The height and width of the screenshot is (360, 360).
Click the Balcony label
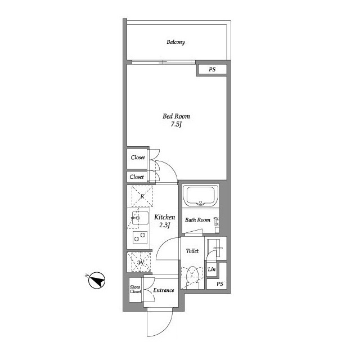click(x=175, y=42)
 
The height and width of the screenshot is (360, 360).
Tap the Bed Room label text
click(x=176, y=116)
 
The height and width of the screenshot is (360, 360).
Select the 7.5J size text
click(x=176, y=124)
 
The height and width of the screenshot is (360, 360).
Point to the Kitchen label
click(x=165, y=217)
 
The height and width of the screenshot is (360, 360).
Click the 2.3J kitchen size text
click(x=165, y=225)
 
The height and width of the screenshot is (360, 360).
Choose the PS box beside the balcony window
click(x=212, y=69)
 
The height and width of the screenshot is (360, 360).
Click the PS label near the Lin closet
click(x=220, y=284)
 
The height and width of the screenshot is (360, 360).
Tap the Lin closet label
click(x=211, y=269)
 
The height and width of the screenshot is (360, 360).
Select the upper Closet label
click(x=138, y=157)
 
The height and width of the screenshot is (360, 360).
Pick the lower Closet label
click(x=137, y=177)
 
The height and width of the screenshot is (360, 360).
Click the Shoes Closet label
click(x=135, y=289)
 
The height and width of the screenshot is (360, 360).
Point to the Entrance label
click(x=164, y=290)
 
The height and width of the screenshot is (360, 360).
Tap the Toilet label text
click(x=192, y=251)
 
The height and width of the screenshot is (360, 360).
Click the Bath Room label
click(x=197, y=220)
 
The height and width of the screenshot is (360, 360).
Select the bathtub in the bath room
click(x=200, y=196)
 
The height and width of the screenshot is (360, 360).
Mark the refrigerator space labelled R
click(x=142, y=196)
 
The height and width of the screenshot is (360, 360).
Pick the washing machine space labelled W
click(x=141, y=262)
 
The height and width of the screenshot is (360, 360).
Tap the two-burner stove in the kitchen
click(x=140, y=237)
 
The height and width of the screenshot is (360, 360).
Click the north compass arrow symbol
click(x=97, y=280)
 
